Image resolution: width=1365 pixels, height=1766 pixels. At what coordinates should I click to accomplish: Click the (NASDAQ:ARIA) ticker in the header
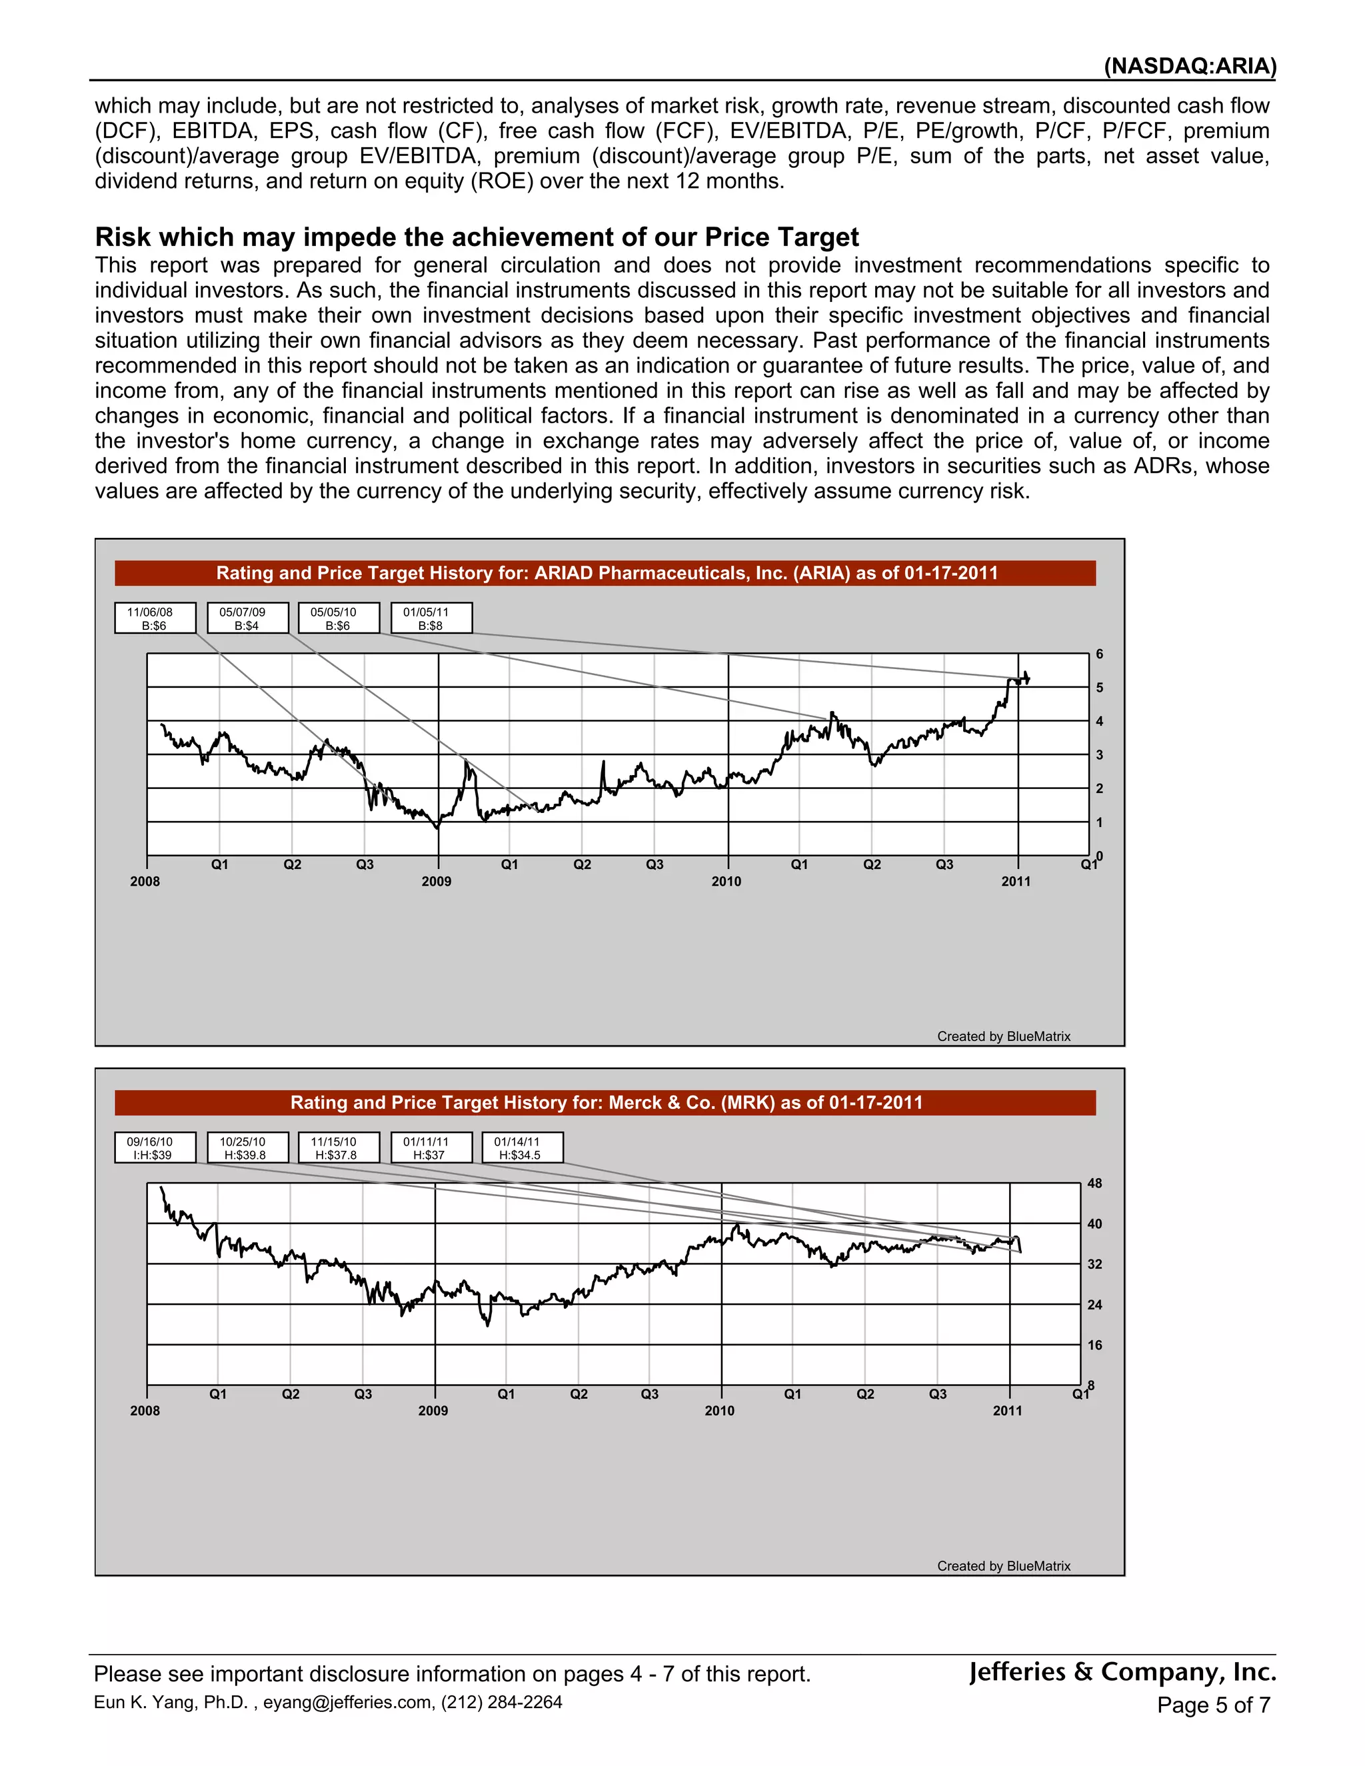click(x=1190, y=66)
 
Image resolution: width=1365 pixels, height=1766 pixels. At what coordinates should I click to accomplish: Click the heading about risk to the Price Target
click(x=477, y=237)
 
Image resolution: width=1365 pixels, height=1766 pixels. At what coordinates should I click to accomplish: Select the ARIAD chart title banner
click(x=605, y=573)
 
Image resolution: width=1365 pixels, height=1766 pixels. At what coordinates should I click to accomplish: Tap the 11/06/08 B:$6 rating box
click(x=155, y=618)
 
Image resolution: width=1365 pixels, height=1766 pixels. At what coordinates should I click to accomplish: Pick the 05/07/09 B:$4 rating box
click(x=247, y=618)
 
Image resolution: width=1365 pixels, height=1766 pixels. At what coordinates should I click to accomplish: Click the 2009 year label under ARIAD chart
click(x=436, y=882)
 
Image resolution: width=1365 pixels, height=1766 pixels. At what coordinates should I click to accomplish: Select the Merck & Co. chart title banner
click(x=605, y=1103)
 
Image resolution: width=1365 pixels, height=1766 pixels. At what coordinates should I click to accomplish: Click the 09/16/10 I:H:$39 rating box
click(x=155, y=1148)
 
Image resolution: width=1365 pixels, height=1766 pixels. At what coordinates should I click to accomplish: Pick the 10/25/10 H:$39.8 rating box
click(x=247, y=1148)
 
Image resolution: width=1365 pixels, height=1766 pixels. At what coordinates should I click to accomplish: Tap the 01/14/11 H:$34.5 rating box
click(x=522, y=1148)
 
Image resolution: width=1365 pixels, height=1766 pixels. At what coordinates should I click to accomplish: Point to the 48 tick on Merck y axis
click(x=1094, y=1184)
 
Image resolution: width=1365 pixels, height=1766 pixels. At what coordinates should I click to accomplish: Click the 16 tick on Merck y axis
click(x=1094, y=1345)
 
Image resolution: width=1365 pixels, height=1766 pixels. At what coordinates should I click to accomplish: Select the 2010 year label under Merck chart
click(x=719, y=1411)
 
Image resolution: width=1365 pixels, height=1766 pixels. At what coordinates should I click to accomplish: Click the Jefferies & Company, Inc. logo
click(x=1122, y=1671)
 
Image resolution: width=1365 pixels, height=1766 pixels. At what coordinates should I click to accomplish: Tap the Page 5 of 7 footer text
click(x=1213, y=1705)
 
